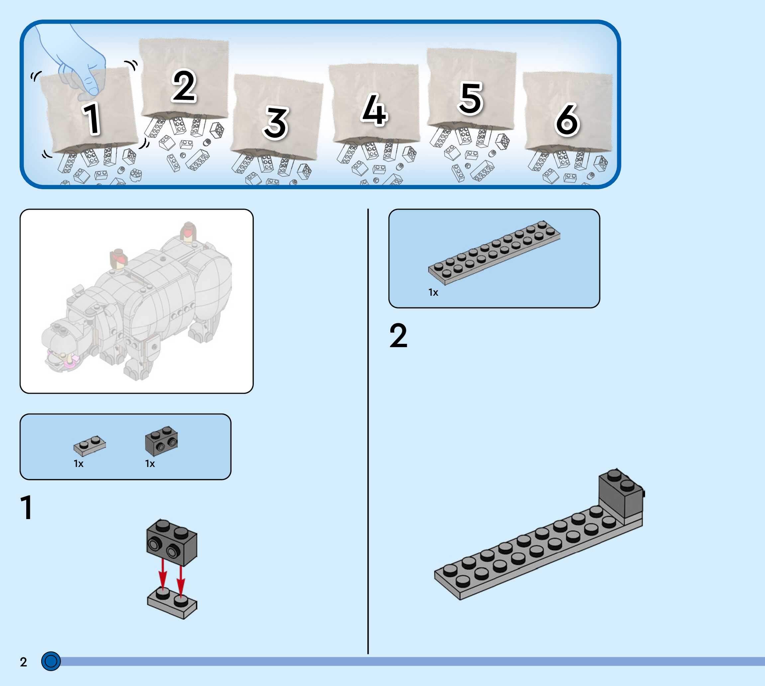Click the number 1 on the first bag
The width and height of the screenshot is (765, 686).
pos(92,118)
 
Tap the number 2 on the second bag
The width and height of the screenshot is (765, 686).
pos(184,86)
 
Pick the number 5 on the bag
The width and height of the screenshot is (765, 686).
pos(470,98)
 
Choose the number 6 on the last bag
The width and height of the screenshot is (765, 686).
pos(567,119)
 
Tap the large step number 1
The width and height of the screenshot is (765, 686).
pos(26,507)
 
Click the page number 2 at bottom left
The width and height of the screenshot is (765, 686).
pos(23,662)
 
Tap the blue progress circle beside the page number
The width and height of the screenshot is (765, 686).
pos(51,661)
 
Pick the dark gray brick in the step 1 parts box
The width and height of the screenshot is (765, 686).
pos(161,441)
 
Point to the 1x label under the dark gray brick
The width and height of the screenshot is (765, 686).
pos(150,464)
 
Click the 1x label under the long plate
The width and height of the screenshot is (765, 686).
pos(433,292)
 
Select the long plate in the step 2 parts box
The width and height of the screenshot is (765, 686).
pos(494,252)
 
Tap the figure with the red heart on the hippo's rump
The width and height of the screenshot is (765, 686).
pos(188,231)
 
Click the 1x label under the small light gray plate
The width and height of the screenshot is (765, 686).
pos(78,464)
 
